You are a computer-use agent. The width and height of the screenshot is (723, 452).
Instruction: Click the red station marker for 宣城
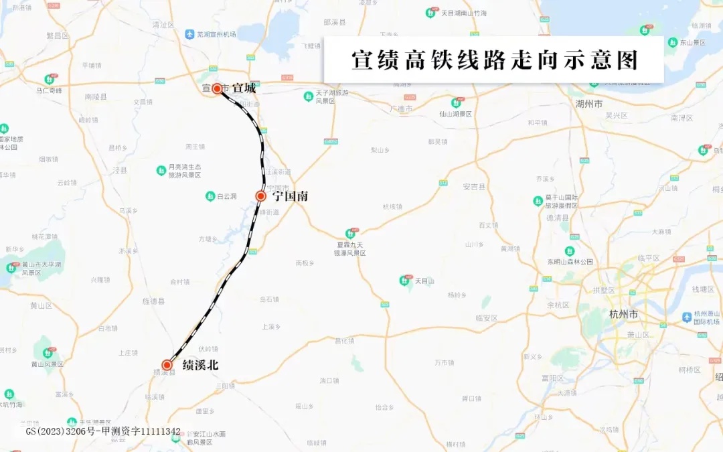click(x=217, y=88)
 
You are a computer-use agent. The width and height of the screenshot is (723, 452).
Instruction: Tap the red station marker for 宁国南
click(x=261, y=196)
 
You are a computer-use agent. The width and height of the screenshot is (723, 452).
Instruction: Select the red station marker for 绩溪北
click(x=167, y=365)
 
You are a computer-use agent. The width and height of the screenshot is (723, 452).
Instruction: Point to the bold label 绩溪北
click(x=200, y=365)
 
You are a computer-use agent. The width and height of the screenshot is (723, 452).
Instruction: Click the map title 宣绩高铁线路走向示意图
click(x=494, y=60)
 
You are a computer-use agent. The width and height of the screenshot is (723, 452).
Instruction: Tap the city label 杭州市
click(x=624, y=314)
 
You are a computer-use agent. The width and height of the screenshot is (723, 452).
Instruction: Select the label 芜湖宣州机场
click(x=216, y=34)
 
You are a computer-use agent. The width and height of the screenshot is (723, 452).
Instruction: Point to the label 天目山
click(x=424, y=281)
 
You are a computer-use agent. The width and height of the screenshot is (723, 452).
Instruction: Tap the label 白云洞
click(x=227, y=196)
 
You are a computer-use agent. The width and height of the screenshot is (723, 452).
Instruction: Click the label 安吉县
click(x=473, y=186)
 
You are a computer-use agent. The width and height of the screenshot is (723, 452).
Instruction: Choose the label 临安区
click(x=486, y=318)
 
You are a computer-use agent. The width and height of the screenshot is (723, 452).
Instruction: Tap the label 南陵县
click(x=96, y=96)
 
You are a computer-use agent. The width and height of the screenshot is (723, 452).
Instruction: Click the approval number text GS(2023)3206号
click(x=60, y=431)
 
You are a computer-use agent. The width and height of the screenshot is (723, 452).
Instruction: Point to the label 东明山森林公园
click(x=570, y=262)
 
